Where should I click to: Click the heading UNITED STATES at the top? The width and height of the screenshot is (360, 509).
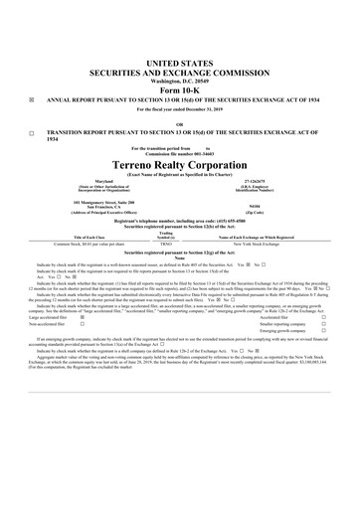tap(180, 63)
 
